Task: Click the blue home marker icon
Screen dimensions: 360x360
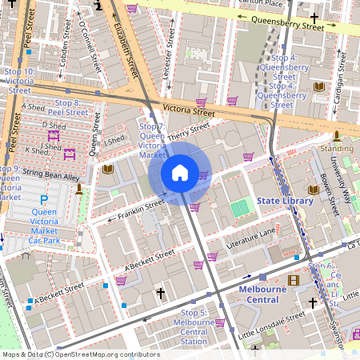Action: pos(180,173)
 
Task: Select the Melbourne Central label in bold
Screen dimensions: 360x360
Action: pos(262,294)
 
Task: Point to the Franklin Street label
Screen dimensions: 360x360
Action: pos(141,209)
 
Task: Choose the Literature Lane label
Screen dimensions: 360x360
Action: pos(251,234)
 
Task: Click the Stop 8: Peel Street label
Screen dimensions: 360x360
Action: pos(70,108)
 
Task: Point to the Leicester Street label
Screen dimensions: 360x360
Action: pos(168,58)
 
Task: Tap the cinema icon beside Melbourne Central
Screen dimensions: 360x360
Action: pos(293,280)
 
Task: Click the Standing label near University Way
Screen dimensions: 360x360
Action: pos(336,149)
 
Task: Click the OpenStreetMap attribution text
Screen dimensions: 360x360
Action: pos(80,354)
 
